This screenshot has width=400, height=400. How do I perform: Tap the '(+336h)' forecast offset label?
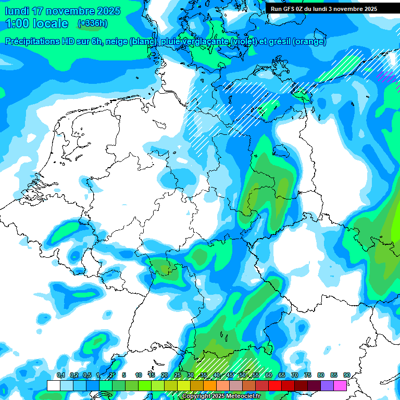(x=92, y=23)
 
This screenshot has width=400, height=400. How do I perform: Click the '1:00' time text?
(x=18, y=23)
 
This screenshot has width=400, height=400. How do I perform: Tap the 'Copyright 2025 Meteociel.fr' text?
(x=221, y=396)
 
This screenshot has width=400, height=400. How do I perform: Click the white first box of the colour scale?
(x=54, y=386)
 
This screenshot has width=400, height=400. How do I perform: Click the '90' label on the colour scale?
(x=346, y=375)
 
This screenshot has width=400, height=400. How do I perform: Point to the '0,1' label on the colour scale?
(x=60, y=375)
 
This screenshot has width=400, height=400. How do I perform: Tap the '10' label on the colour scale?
(x=139, y=375)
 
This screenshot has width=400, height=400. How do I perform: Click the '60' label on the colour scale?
(x=269, y=375)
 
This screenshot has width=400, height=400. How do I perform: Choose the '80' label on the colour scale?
(x=321, y=375)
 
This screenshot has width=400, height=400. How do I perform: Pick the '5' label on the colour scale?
(x=124, y=375)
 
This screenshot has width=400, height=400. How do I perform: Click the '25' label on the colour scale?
(x=178, y=375)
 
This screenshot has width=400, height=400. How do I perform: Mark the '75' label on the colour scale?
(x=308, y=375)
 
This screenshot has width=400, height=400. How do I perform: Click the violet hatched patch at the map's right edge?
(x=386, y=77)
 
